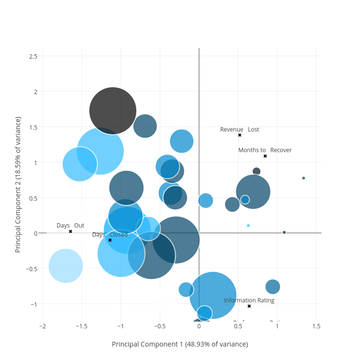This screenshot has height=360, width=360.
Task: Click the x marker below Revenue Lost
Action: (240, 135)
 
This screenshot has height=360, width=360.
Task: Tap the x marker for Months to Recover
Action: (265, 156)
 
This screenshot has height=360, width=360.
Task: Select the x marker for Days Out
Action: (71, 231)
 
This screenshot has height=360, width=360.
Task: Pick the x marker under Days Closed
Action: (110, 240)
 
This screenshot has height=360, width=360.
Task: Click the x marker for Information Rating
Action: (249, 306)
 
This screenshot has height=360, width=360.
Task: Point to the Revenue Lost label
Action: (240, 130)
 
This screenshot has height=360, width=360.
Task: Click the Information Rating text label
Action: (249, 300)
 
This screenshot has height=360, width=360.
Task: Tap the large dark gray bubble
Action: (113, 111)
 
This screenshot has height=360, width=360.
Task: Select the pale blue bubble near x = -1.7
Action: (66, 265)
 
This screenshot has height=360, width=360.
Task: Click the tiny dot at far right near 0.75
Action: (303, 178)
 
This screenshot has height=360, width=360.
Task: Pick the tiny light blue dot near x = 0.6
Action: (248, 226)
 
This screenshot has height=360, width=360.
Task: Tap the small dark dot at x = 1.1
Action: (284, 232)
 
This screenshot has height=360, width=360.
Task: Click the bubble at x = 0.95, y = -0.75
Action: (273, 287)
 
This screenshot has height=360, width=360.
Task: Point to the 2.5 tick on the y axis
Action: (33, 56)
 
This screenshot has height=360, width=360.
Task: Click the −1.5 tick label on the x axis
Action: (81, 326)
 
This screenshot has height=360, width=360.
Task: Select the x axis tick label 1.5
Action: (316, 326)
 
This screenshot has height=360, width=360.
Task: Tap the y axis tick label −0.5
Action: (31, 268)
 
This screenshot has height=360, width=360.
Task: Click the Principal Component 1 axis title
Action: (180, 344)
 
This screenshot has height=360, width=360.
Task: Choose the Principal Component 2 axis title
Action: (18, 184)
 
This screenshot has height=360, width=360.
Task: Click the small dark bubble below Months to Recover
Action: (256, 171)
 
